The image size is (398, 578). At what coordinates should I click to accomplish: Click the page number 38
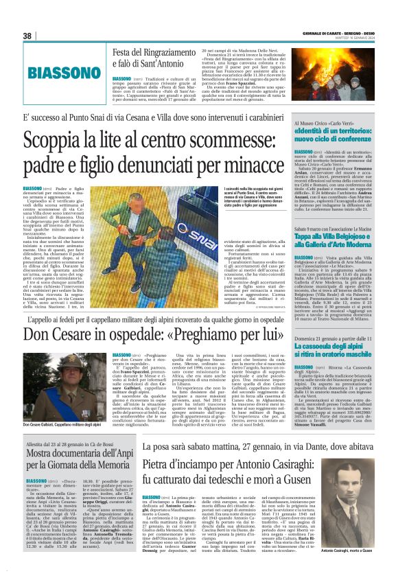28,36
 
